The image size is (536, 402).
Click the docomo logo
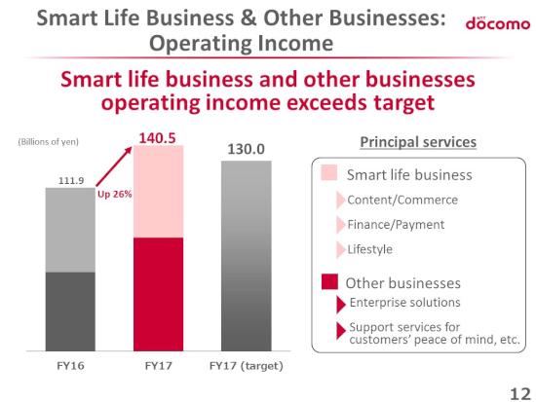pos(498,23)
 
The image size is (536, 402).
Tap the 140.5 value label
pos(157,138)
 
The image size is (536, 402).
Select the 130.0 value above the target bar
pos(247,149)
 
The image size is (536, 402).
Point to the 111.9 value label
pos(71,180)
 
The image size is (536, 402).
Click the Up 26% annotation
pos(115,194)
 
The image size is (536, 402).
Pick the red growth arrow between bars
pos(114,166)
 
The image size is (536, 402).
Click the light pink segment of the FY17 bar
pos(158,191)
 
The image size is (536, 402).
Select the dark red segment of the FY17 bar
pos(158,294)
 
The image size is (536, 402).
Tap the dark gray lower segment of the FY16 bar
pos(70,311)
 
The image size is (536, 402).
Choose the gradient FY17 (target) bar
pos(247,256)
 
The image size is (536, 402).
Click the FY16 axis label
pos(70,366)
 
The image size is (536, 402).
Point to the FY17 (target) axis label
pos(247,366)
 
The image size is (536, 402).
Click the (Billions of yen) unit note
pos(48,142)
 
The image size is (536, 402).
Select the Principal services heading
pos(418,142)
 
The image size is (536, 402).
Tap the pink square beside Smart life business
pos(328,172)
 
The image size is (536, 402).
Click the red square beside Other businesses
pos(329,281)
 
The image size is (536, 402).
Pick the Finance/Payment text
pos(396,225)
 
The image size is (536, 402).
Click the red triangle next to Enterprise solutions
pos(341,305)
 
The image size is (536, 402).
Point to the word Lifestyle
pos(370,249)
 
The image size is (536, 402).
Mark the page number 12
pos(520,394)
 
